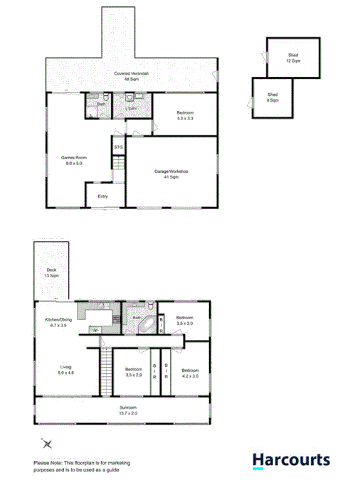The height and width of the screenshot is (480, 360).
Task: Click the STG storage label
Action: point(118,147)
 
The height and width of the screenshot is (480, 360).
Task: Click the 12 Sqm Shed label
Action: point(293,58)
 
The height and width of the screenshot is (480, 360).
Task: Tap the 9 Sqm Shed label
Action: point(272,97)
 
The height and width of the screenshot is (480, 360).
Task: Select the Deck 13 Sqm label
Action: point(51,272)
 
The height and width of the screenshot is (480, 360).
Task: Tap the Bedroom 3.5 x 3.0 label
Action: point(185,321)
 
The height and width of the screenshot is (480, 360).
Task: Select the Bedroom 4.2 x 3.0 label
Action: point(190,373)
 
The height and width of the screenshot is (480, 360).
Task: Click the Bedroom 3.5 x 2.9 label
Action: point(134,372)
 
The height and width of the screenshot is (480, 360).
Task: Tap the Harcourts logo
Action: point(292,460)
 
